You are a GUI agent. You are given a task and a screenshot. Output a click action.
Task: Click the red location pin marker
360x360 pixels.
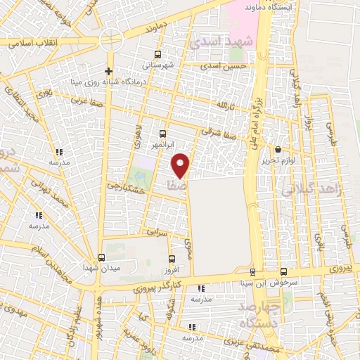pyautogui.click(x=181, y=165)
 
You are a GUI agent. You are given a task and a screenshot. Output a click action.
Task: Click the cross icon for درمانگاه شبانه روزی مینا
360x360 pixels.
pyautogui.click(x=108, y=71)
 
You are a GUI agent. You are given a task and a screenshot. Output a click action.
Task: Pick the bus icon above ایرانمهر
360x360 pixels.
pyautogui.click(x=163, y=133)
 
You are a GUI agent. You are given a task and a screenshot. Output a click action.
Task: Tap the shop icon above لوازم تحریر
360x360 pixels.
pyautogui.click(x=278, y=150)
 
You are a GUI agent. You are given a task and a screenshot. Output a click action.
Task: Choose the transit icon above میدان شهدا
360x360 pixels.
pyautogui.click(x=101, y=257)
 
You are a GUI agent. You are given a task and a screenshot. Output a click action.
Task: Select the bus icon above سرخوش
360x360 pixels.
pyautogui.click(x=283, y=271)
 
